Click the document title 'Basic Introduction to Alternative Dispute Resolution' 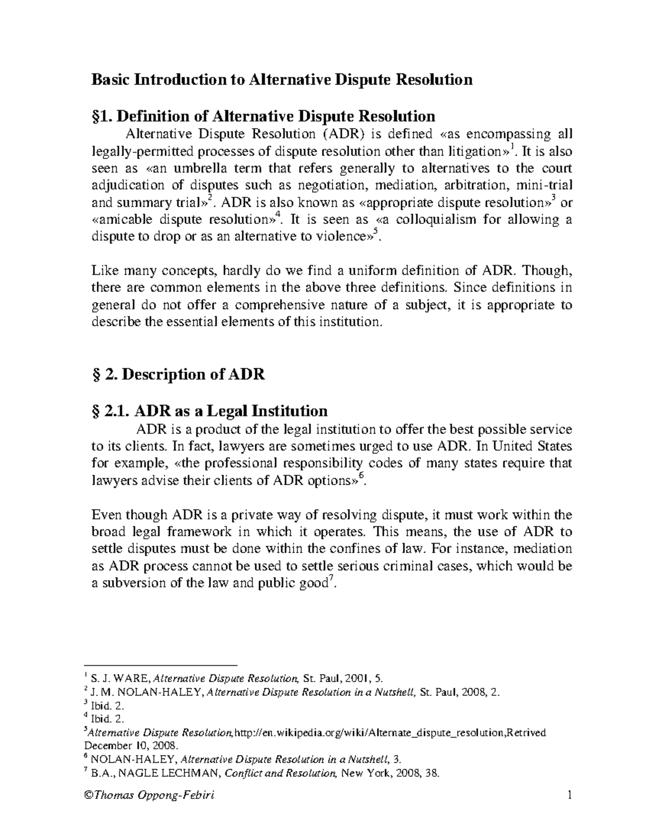point(282,80)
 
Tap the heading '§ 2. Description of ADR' point(178,374)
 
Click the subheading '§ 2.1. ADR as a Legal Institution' point(209,411)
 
